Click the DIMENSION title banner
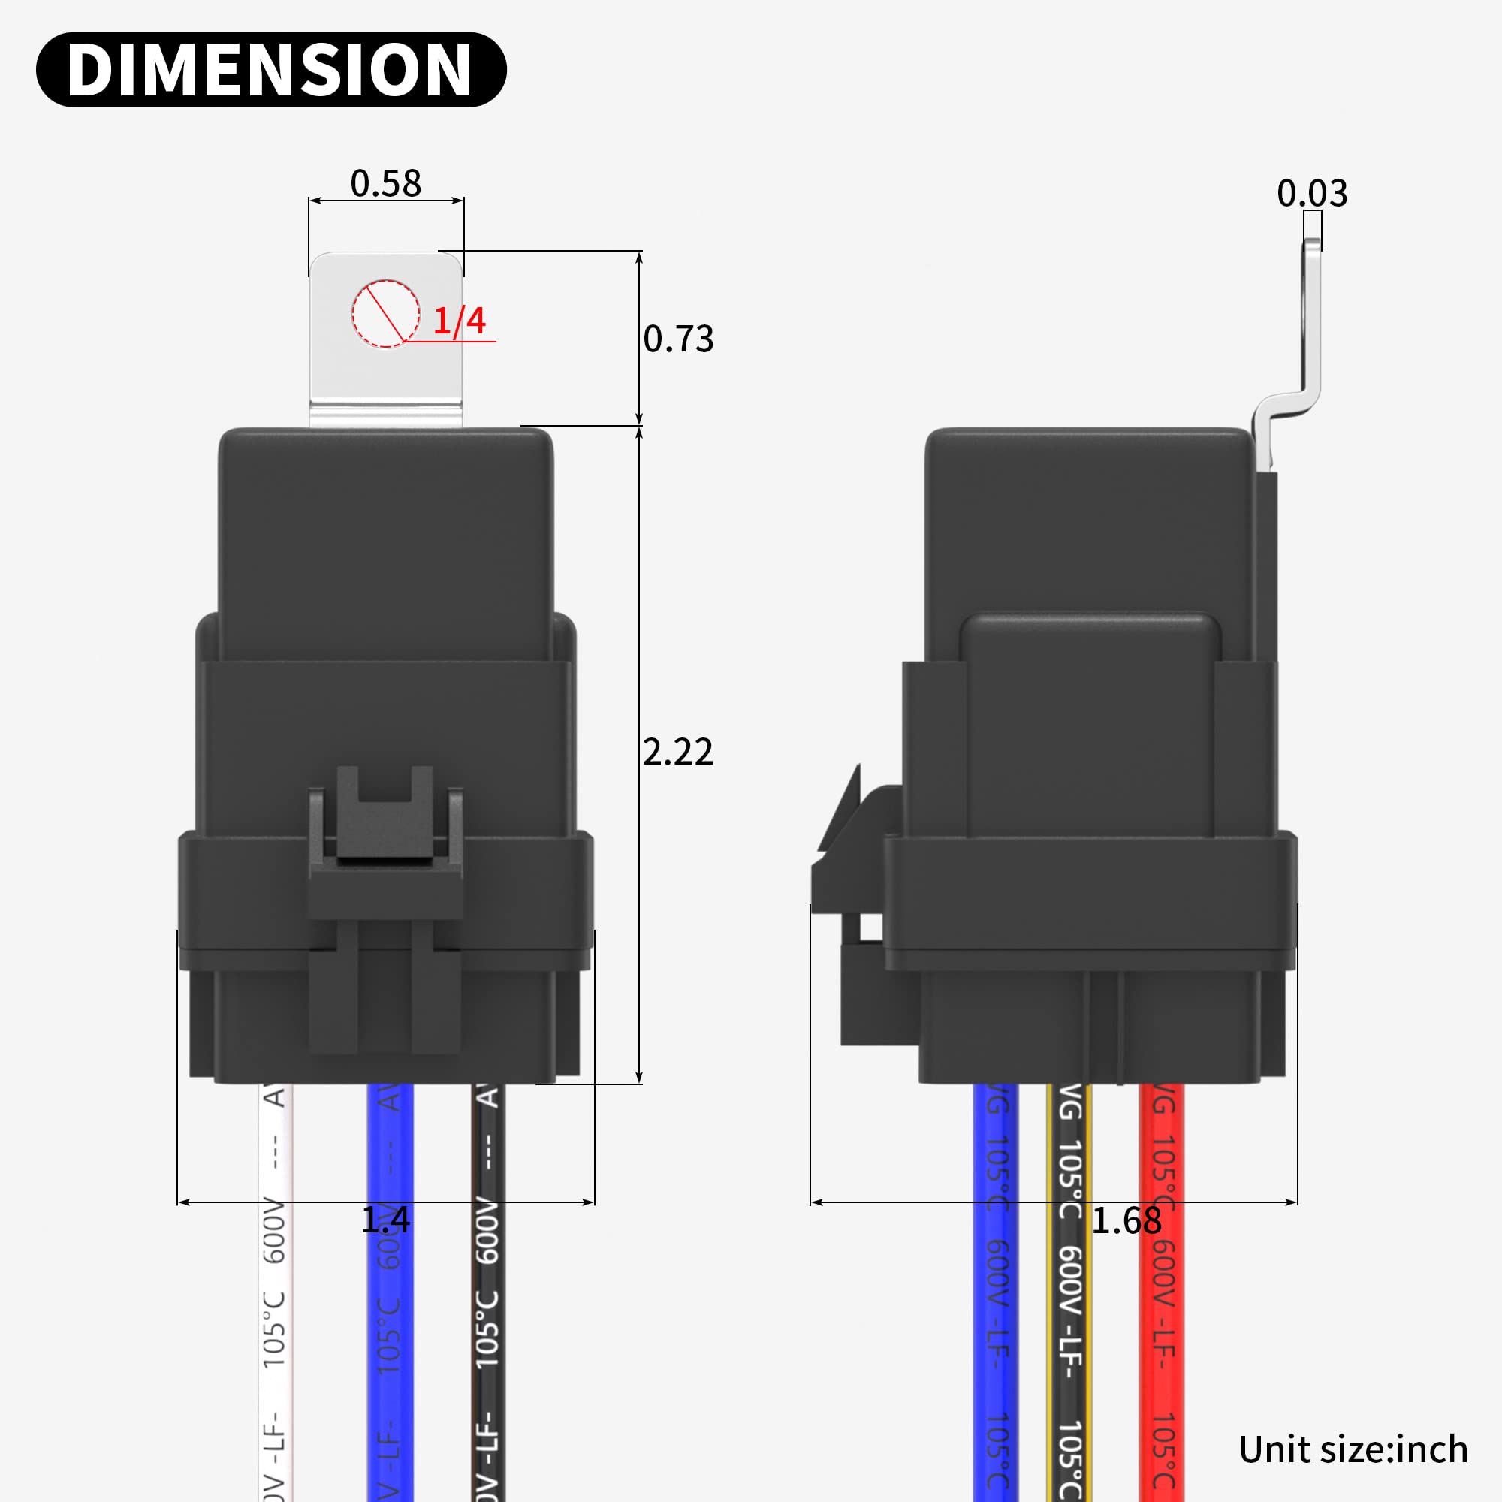coord(270,69)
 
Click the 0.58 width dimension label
coord(385,183)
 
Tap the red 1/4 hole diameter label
coord(459,321)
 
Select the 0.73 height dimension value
coord(678,339)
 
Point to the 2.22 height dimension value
coord(677,752)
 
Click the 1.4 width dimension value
coord(385,1220)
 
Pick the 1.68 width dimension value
coord(1126,1221)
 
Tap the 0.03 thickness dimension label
coord(1311,194)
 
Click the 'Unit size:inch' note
coord(1353,1449)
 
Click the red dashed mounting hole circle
coord(385,313)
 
